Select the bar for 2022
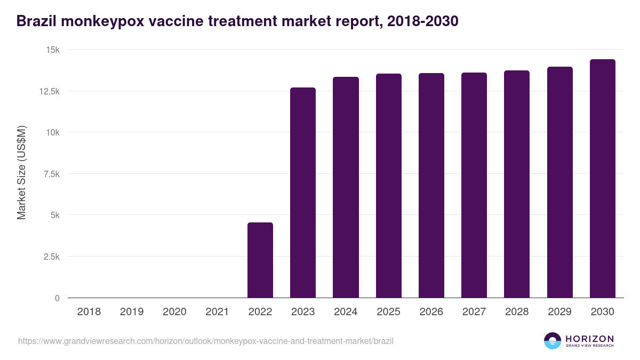(x=260, y=260)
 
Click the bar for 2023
(x=303, y=193)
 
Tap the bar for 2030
(x=602, y=179)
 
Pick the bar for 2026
(x=431, y=186)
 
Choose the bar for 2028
(x=517, y=184)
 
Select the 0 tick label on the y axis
(x=57, y=298)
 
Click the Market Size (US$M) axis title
(x=21, y=173)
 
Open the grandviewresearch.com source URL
(x=206, y=341)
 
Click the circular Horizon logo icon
(x=553, y=341)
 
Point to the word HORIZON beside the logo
(x=589, y=338)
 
